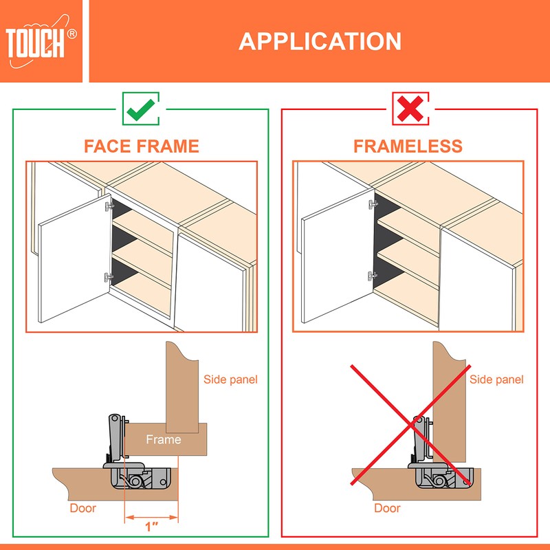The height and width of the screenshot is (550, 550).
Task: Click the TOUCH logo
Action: click(x=41, y=42)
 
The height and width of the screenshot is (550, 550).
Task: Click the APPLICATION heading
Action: click(x=320, y=41)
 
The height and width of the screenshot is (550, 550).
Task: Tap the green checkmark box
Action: click(x=141, y=108)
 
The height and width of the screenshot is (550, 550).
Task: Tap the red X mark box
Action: click(x=410, y=108)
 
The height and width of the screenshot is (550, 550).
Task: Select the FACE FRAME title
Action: click(x=141, y=146)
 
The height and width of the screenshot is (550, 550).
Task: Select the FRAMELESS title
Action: click(x=408, y=146)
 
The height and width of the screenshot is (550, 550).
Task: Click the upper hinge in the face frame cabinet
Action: click(x=107, y=205)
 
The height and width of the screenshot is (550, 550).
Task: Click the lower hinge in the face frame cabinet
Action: click(x=107, y=276)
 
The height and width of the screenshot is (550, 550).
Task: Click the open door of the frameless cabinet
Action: click(x=333, y=261)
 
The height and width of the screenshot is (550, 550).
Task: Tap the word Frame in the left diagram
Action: click(x=164, y=439)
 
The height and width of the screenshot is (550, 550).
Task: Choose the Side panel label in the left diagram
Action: click(x=230, y=379)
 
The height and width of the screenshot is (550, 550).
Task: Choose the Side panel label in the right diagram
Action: click(x=496, y=379)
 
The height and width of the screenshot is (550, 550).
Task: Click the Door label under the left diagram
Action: click(x=83, y=509)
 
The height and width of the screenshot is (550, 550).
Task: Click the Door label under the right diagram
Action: click(x=387, y=509)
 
